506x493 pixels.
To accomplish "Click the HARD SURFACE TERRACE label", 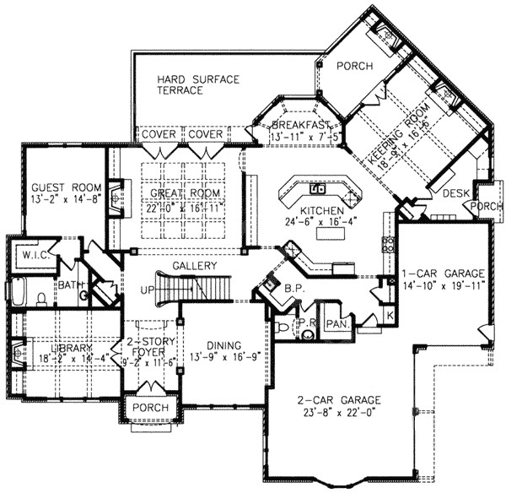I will tap(198, 85).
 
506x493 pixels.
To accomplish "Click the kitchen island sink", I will tap(318, 187).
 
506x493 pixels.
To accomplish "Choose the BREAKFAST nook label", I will tap(289, 124).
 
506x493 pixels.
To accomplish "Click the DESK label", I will tap(456, 194).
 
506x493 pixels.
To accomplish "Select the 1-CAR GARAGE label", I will tap(442, 274).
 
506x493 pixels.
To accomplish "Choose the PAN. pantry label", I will tap(338, 324).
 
